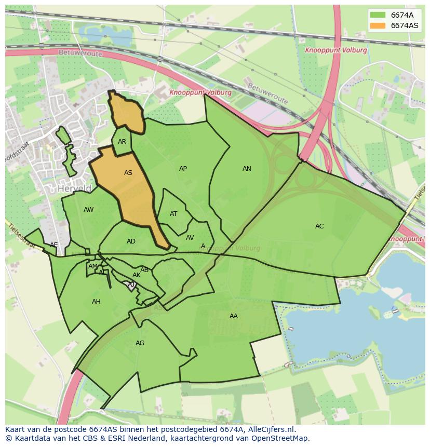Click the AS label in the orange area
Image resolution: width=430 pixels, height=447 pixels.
pyautogui.click(x=128, y=173)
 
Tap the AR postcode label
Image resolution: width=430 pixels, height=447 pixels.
pyautogui.click(x=122, y=142)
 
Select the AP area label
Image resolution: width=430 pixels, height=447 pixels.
pyautogui.click(x=183, y=169)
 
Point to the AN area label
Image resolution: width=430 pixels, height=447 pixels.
pyautogui.click(x=247, y=169)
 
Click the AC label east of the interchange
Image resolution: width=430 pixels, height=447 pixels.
pyautogui.click(x=319, y=226)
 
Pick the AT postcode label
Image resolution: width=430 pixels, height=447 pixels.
pyautogui.click(x=173, y=214)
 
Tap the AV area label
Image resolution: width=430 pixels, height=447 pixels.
pyautogui.click(x=190, y=238)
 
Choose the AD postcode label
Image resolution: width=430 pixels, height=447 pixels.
pyautogui.click(x=131, y=241)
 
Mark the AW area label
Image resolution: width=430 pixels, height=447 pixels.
pyautogui.click(x=88, y=210)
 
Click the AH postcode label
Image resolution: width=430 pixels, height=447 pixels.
pyautogui.click(x=96, y=302)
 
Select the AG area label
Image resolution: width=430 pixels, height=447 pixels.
pyautogui.click(x=140, y=343)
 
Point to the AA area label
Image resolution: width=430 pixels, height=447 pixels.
pyautogui.click(x=234, y=316)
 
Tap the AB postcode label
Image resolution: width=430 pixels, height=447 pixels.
pyautogui.click(x=144, y=270)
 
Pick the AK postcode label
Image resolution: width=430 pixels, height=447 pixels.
pyautogui.click(x=136, y=275)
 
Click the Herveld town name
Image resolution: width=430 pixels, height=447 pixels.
pyautogui.click(x=75, y=188)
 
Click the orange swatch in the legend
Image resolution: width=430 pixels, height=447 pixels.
pyautogui.click(x=378, y=25)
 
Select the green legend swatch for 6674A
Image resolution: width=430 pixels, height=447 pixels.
pyautogui.click(x=378, y=15)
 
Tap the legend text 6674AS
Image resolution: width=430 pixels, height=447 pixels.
pyautogui.click(x=405, y=25)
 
